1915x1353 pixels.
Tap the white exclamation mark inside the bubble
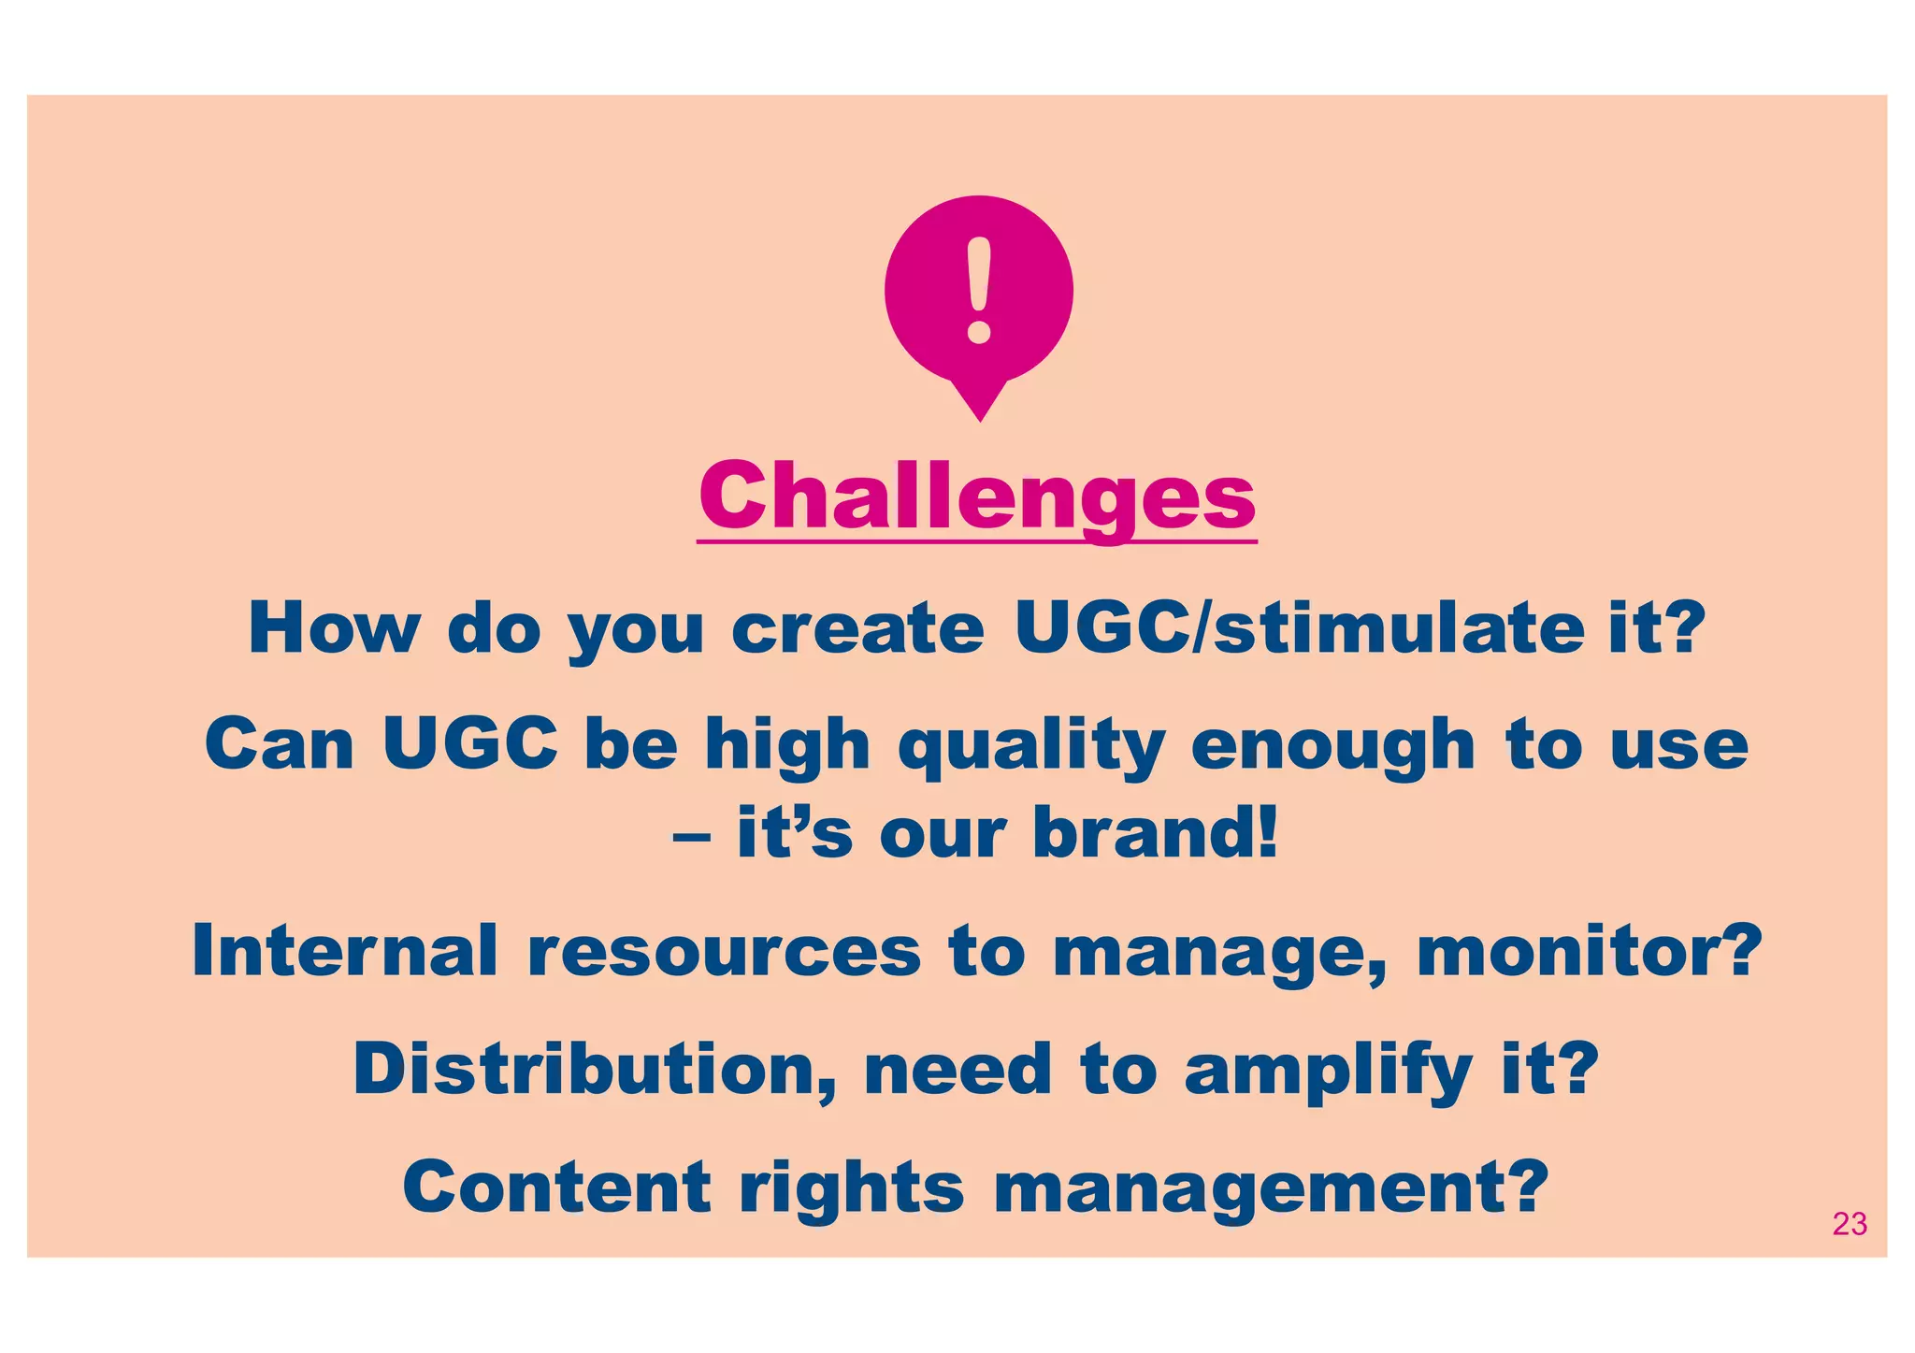tap(979, 290)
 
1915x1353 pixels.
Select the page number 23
tap(1849, 1224)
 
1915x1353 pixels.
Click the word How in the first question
tap(333, 628)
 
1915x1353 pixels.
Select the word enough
tap(1332, 746)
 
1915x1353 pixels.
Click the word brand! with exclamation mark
tap(1155, 833)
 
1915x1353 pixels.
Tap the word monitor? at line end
tap(1589, 951)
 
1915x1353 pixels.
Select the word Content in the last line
tap(557, 1187)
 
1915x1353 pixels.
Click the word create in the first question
tap(857, 628)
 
